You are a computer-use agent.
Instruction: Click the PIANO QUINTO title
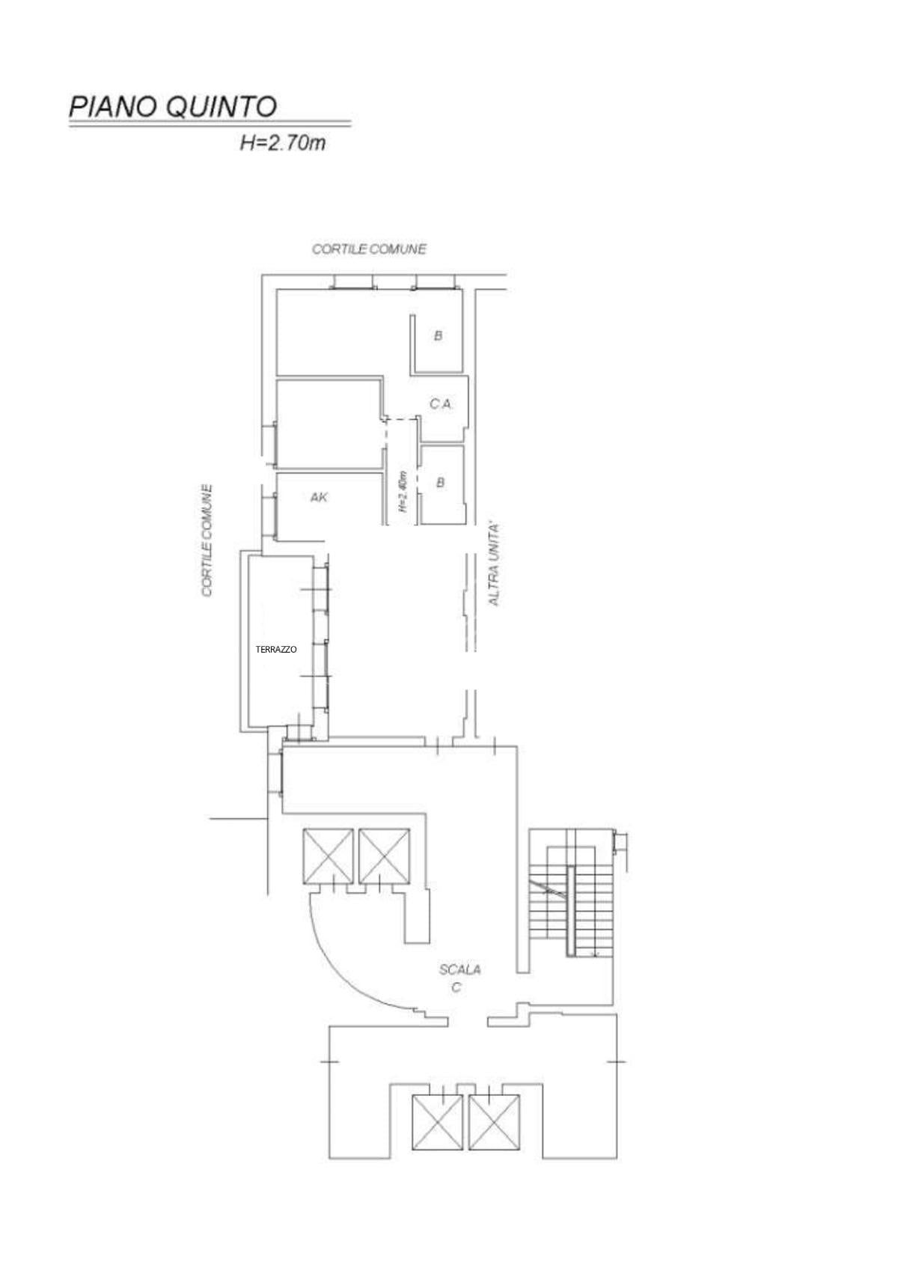pyautogui.click(x=173, y=107)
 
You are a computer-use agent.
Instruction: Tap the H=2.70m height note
pyautogui.click(x=283, y=143)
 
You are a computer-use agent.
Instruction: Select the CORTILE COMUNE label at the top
pyautogui.click(x=369, y=249)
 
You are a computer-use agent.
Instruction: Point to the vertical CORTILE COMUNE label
pyautogui.click(x=207, y=540)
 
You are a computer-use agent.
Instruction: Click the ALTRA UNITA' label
pyautogui.click(x=494, y=564)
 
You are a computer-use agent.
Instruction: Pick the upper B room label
pyautogui.click(x=438, y=336)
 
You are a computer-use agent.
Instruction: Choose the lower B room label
pyautogui.click(x=440, y=483)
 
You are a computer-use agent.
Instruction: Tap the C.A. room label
pyautogui.click(x=441, y=404)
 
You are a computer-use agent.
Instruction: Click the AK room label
pyautogui.click(x=319, y=498)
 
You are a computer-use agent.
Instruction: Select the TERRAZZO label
pyautogui.click(x=276, y=650)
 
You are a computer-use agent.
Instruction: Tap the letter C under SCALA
pyautogui.click(x=456, y=987)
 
